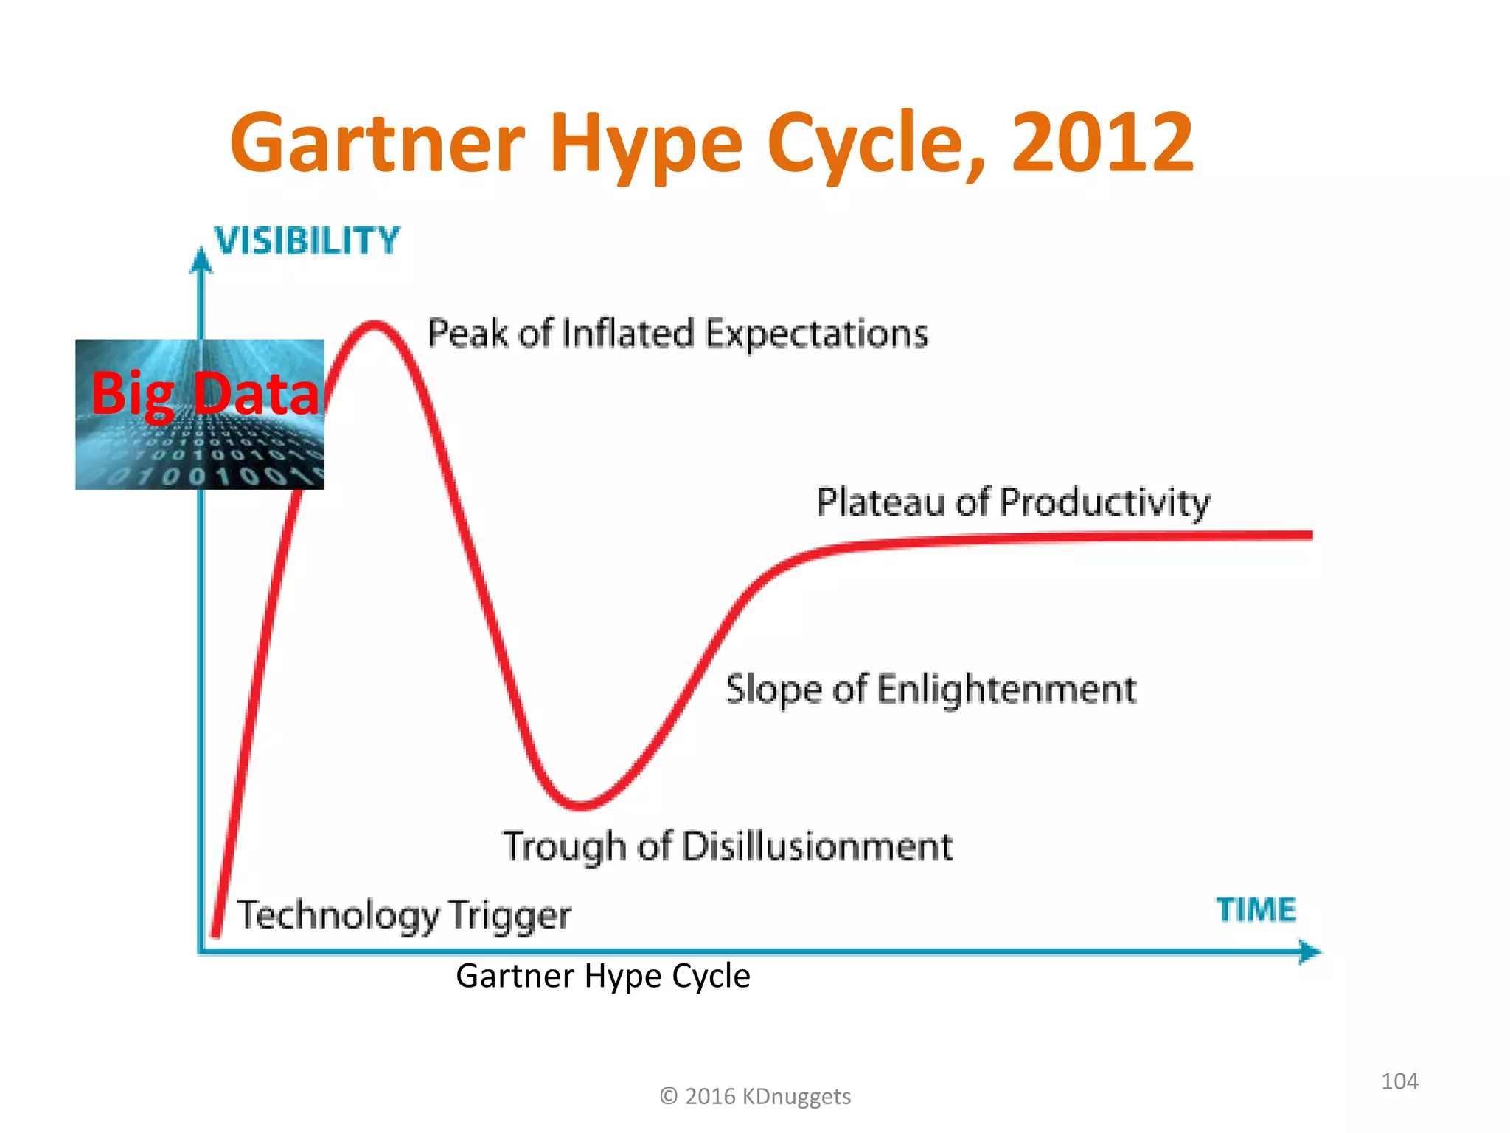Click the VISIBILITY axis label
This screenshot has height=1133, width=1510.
(x=307, y=241)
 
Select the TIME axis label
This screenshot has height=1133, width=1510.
(x=1256, y=909)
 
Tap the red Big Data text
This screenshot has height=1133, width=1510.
(x=205, y=394)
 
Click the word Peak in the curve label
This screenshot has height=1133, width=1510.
(x=467, y=333)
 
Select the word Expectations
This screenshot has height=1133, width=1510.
(x=816, y=334)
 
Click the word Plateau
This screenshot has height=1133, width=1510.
(x=881, y=503)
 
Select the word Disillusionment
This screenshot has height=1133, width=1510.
(x=816, y=847)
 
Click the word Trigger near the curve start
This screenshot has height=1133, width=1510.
(x=509, y=915)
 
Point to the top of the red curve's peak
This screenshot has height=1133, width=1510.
(x=375, y=325)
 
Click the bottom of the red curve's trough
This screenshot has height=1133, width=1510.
(x=582, y=805)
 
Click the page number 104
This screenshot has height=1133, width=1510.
(x=1399, y=1081)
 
